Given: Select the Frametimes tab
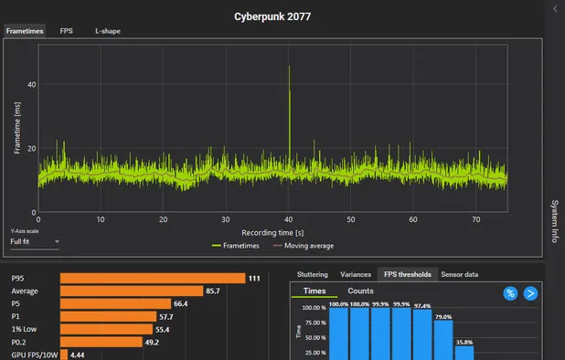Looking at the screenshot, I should pyautogui.click(x=25, y=31).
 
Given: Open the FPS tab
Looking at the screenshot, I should pyautogui.click(x=67, y=31).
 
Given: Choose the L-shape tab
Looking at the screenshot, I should pyautogui.click(x=107, y=31).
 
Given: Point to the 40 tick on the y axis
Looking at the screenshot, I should pyautogui.click(x=30, y=85).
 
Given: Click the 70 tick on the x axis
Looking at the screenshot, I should pyautogui.click(x=475, y=219).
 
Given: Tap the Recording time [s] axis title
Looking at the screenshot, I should pyautogui.click(x=272, y=232).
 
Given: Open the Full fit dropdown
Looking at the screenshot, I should pyautogui.click(x=35, y=242).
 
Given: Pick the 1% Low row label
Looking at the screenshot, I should pyautogui.click(x=24, y=329).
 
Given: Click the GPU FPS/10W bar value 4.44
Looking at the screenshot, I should pyautogui.click(x=78, y=355).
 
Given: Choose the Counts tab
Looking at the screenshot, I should pyautogui.click(x=359, y=291).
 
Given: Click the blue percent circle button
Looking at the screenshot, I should pyautogui.click(x=510, y=292).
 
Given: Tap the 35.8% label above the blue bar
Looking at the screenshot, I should pyautogui.click(x=464, y=343).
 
